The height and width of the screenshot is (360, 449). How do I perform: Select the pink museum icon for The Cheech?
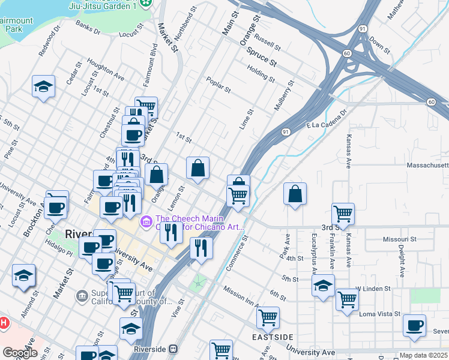pyautogui.click(x=146, y=223)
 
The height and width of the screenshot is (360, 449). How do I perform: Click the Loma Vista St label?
pyautogui.click(x=379, y=314)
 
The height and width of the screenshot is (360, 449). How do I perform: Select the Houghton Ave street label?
pyautogui.click(x=105, y=69)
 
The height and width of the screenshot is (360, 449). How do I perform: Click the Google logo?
pyautogui.click(x=20, y=353)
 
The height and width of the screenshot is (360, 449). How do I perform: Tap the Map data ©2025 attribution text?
pyautogui.click(x=423, y=355)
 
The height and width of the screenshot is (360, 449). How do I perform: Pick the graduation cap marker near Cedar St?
pyautogui.click(x=43, y=87)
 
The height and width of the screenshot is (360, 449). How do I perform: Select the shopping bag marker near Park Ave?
pyautogui.click(x=295, y=194)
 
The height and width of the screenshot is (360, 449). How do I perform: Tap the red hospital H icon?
pyautogui.click(x=4, y=323)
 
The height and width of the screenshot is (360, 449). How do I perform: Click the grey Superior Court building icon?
pyautogui.click(x=82, y=295)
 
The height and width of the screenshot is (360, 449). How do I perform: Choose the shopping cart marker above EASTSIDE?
pyautogui.click(x=267, y=316)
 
